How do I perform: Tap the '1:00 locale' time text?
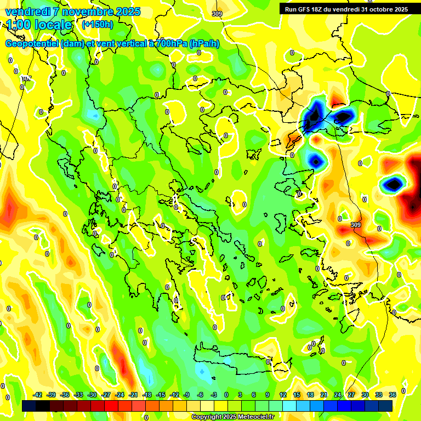(39, 25)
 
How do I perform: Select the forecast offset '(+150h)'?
(97, 25)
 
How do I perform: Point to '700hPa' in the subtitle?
(170, 44)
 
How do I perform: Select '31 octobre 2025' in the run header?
(384, 9)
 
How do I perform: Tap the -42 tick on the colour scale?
(37, 395)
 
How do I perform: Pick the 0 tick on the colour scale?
(226, 395)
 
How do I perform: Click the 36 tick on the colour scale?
(392, 395)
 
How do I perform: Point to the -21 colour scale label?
(133, 395)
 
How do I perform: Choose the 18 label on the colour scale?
(310, 395)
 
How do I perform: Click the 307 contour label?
(26, 79)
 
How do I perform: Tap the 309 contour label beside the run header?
(217, 14)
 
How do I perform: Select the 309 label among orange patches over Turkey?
(356, 225)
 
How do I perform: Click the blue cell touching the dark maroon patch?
(393, 184)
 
